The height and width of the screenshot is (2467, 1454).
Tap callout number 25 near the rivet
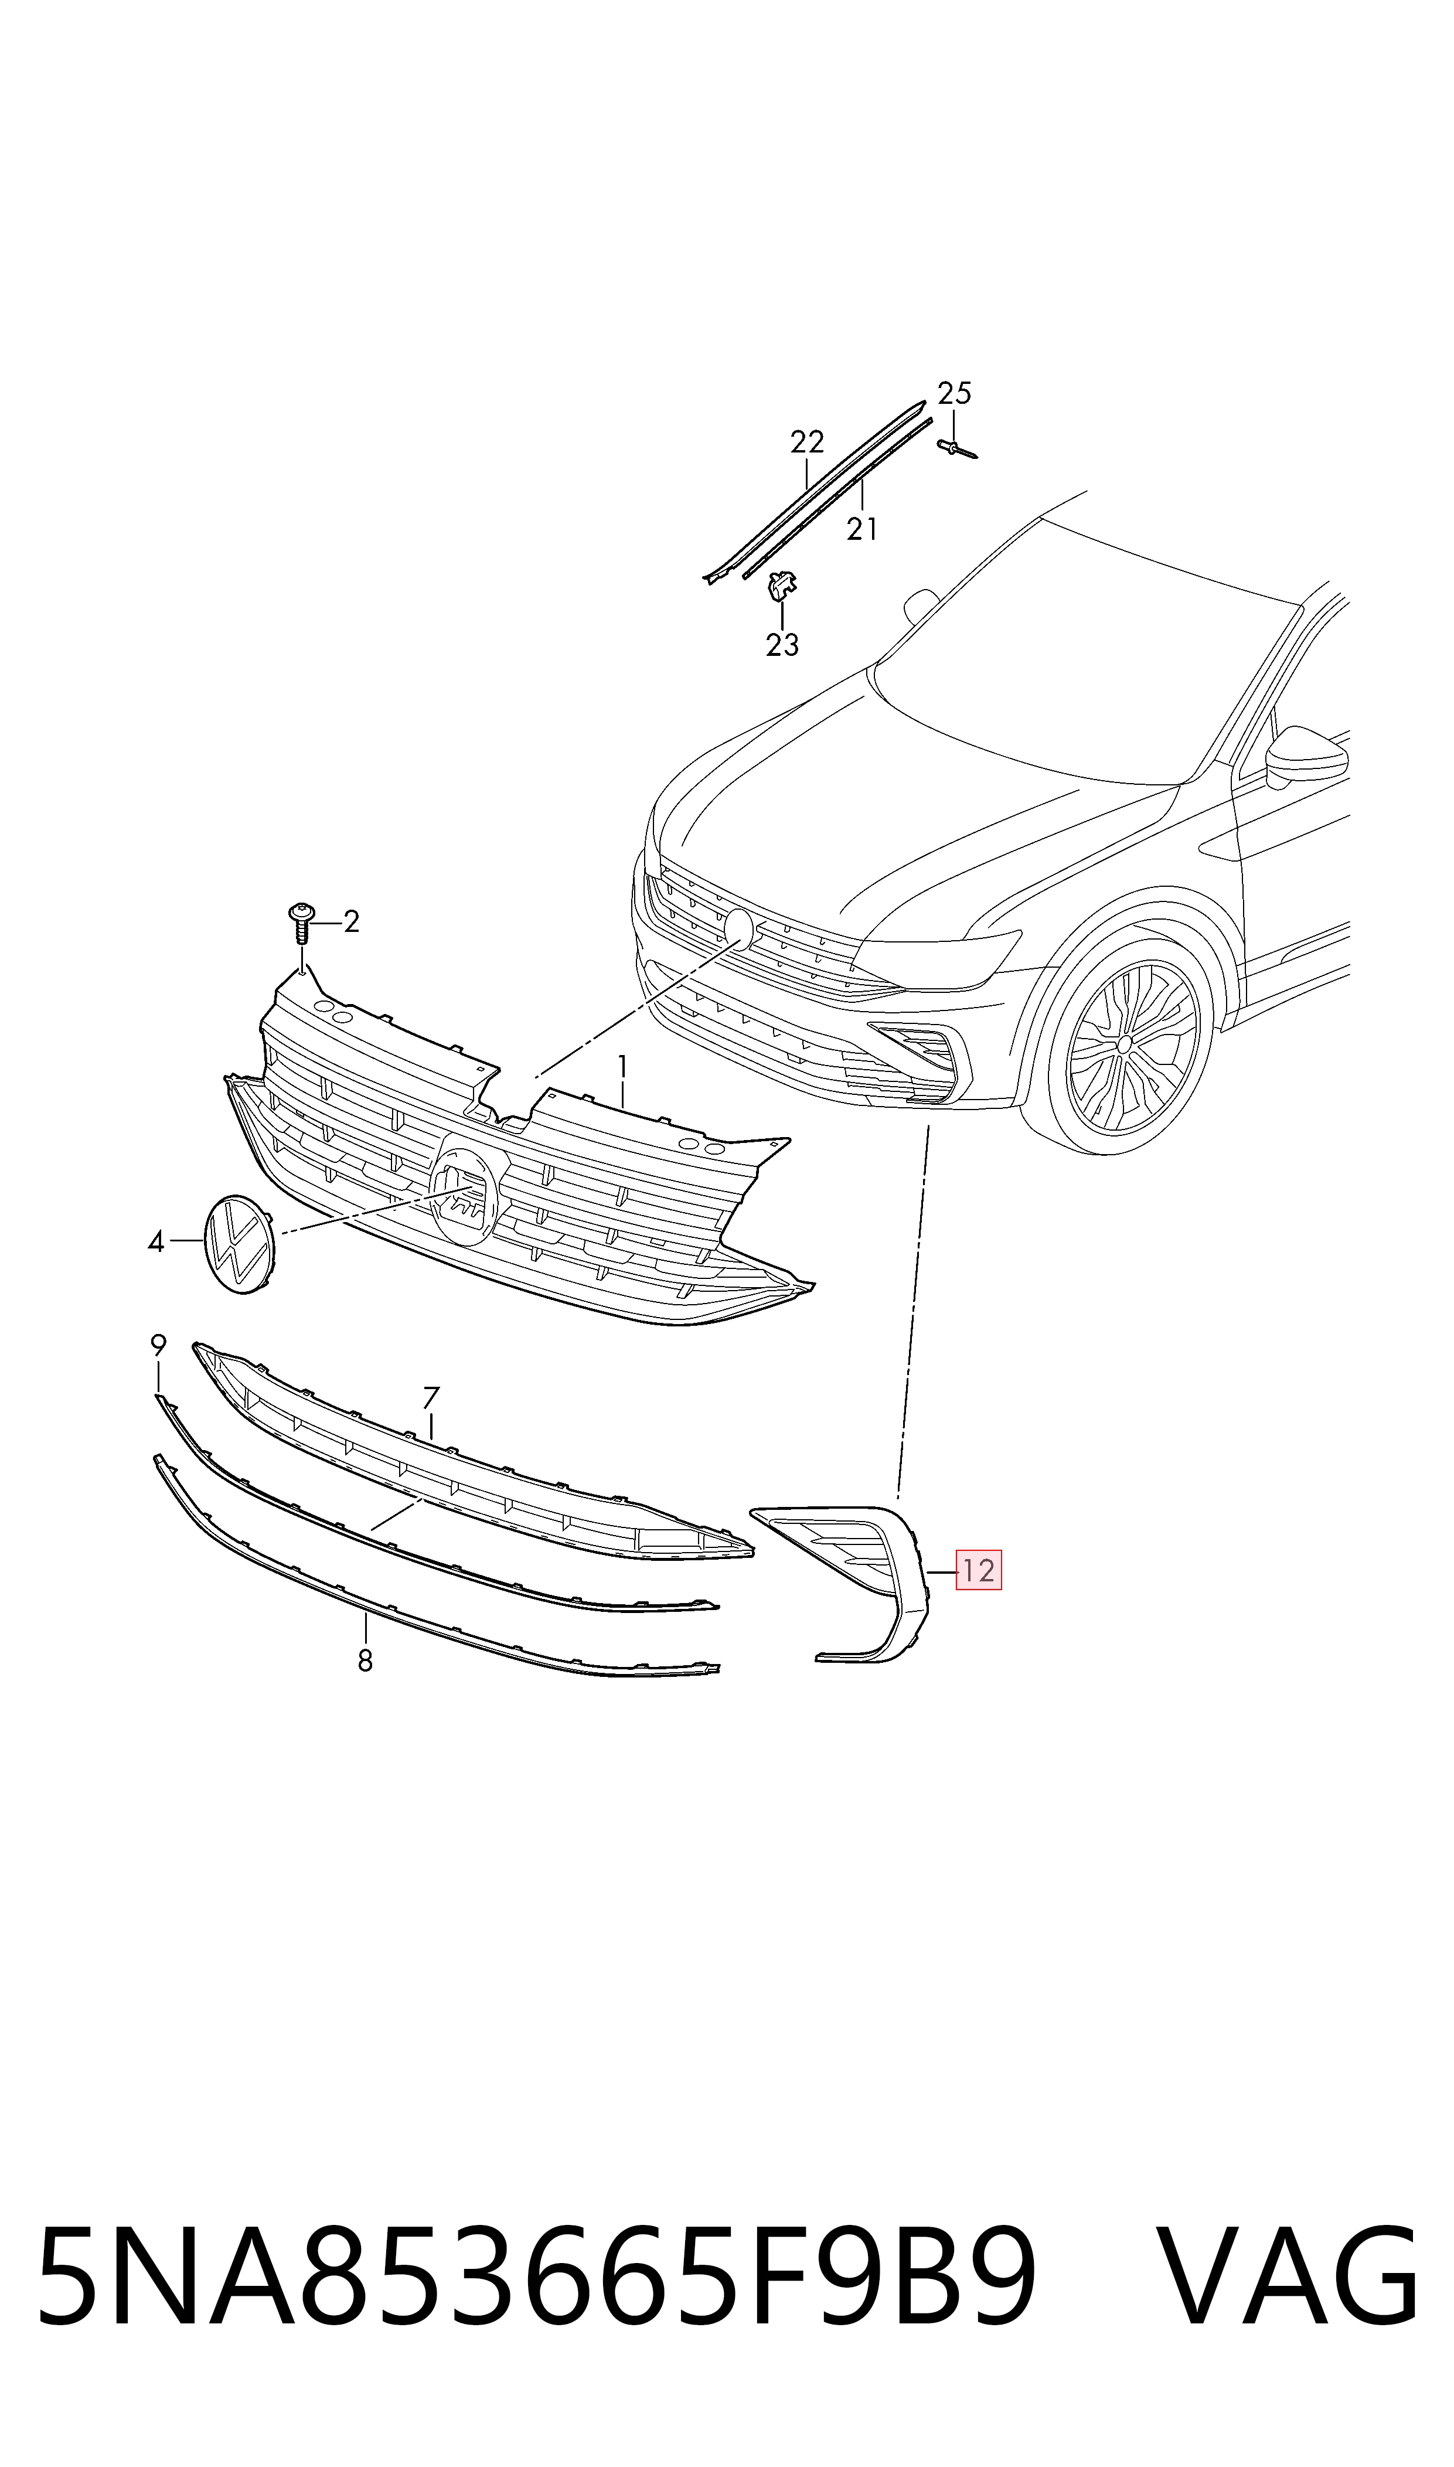[x=954, y=394]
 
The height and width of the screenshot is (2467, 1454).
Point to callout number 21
[x=861, y=529]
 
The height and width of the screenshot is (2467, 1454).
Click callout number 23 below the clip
[x=782, y=645]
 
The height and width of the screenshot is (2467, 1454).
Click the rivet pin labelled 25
[x=957, y=450]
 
